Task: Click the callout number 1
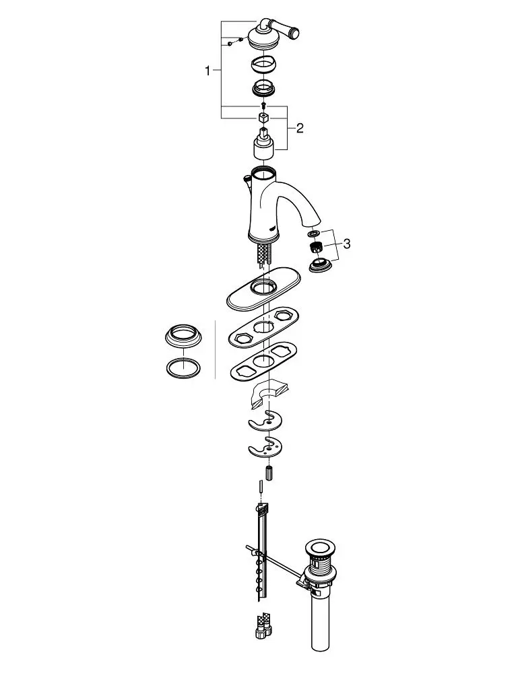click(208, 71)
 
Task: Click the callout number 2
click(299, 128)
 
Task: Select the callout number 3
click(347, 244)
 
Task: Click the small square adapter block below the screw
click(263, 117)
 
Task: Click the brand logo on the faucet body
click(271, 229)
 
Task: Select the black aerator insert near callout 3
click(316, 247)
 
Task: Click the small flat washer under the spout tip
click(313, 233)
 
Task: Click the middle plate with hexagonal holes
click(264, 326)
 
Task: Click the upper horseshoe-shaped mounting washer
click(265, 421)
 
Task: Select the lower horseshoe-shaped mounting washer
click(265, 448)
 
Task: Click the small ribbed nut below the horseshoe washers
click(269, 472)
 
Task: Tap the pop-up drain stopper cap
click(320, 549)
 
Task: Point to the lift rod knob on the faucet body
click(247, 177)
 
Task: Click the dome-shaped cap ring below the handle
click(264, 65)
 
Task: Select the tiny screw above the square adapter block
click(263, 105)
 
